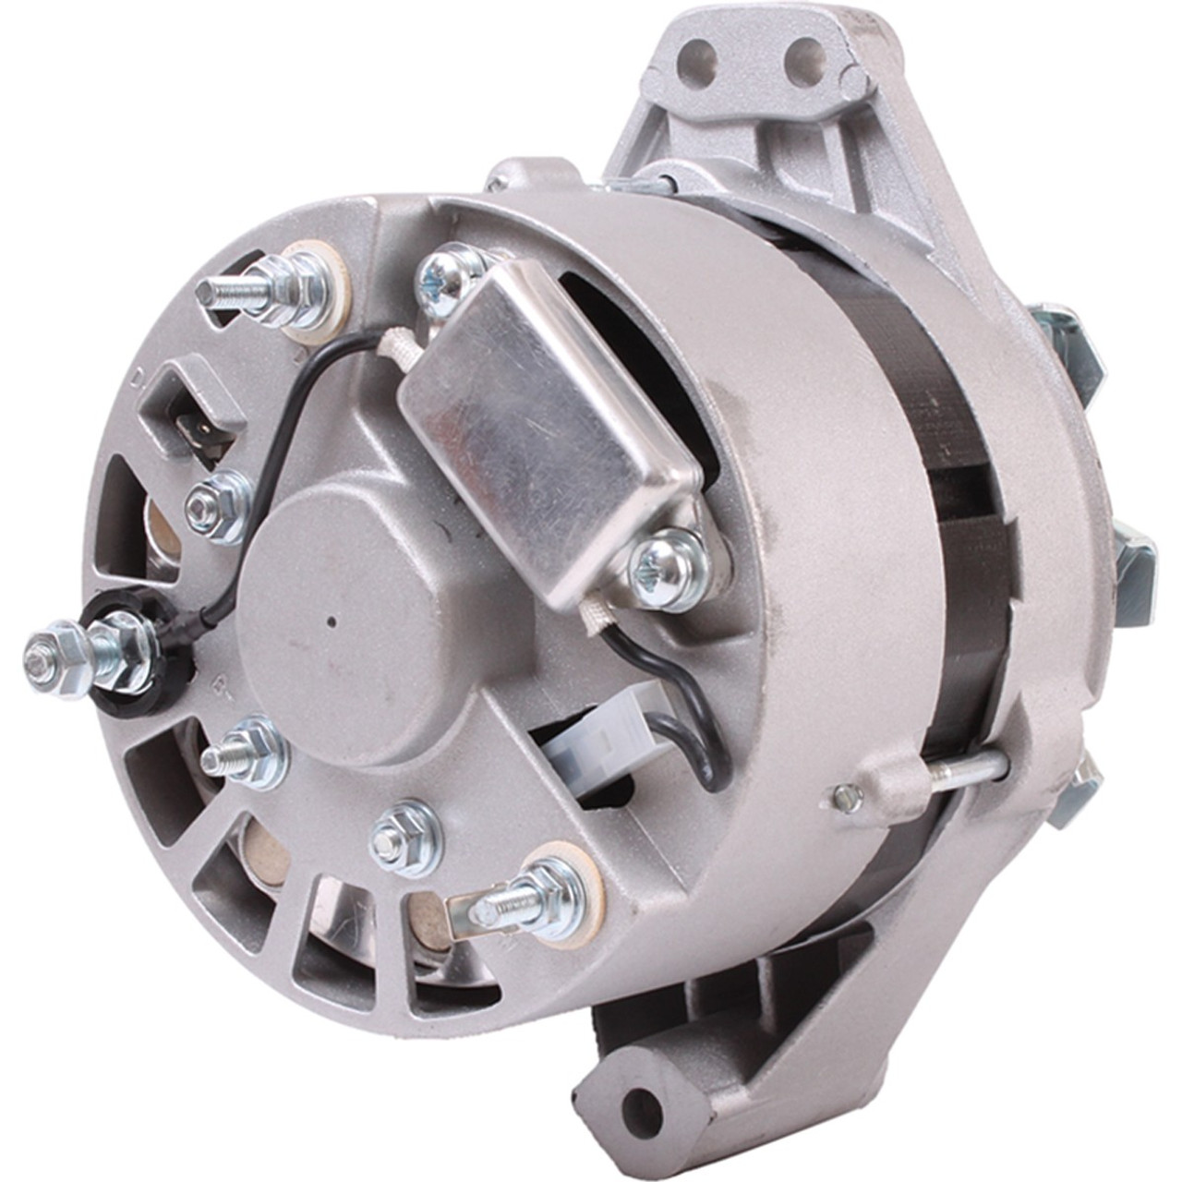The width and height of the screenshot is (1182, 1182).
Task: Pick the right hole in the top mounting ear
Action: click(802, 54)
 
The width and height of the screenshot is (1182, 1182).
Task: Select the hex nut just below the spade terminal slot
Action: click(219, 504)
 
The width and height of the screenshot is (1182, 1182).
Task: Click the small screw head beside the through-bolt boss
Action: click(847, 797)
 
